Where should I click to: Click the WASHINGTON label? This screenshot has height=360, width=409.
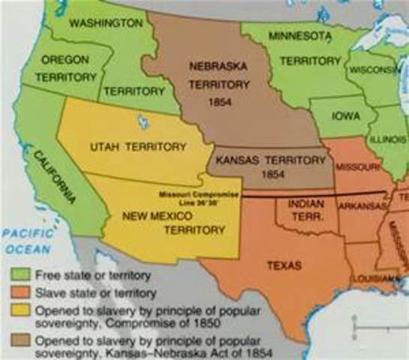click(x=105, y=23)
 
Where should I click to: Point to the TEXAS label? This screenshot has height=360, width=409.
click(x=283, y=265)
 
